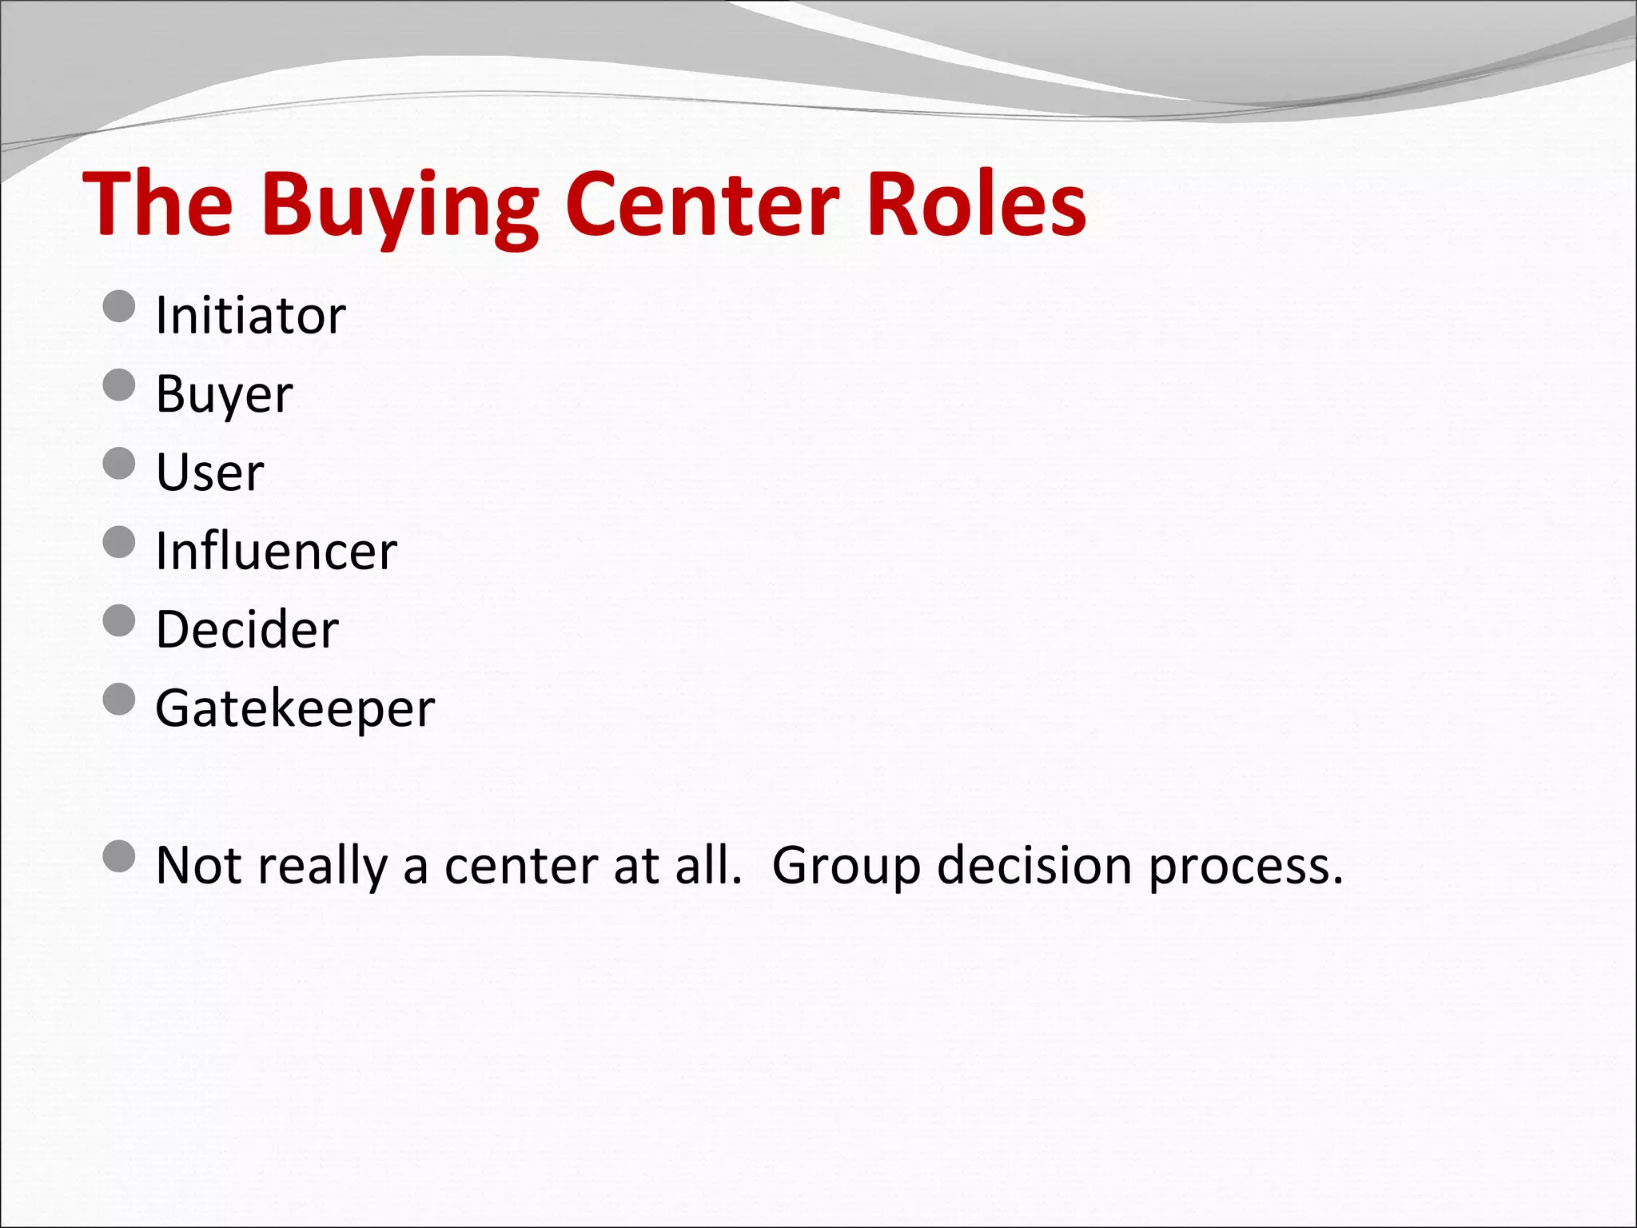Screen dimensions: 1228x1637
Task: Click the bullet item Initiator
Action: coord(250,315)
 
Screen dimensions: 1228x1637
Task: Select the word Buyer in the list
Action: coord(224,393)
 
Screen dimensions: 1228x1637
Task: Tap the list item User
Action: coord(209,472)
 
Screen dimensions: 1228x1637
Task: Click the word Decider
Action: coord(247,629)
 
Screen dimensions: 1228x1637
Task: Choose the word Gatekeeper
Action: coord(295,708)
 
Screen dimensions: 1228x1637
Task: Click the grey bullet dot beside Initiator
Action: coord(120,306)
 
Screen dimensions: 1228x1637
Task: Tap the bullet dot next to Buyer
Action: coord(120,385)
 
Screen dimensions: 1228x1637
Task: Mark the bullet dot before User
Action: coord(120,463)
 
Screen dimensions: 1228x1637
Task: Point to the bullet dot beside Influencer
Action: coord(120,541)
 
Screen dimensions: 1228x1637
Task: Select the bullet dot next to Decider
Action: coord(120,620)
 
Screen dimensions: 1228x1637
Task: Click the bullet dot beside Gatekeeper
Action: coord(120,700)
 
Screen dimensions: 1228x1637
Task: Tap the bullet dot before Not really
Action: coord(120,856)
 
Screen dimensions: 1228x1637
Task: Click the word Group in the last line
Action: coord(846,867)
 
